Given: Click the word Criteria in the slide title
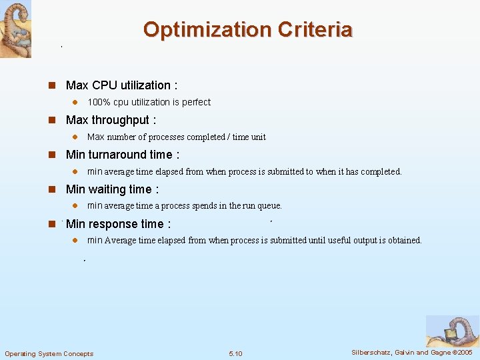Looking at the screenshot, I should point(315,30).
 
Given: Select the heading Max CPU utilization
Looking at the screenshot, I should point(121,85).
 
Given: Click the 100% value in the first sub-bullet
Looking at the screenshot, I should point(99,102).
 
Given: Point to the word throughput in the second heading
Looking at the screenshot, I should point(121,120).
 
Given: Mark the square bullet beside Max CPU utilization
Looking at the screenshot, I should point(50,85).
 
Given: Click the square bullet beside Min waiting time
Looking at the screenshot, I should point(50,189).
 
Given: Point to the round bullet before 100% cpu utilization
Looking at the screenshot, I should point(75,103).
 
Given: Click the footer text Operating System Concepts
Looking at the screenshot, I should point(49,353).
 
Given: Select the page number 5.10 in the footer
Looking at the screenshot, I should point(235,353).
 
